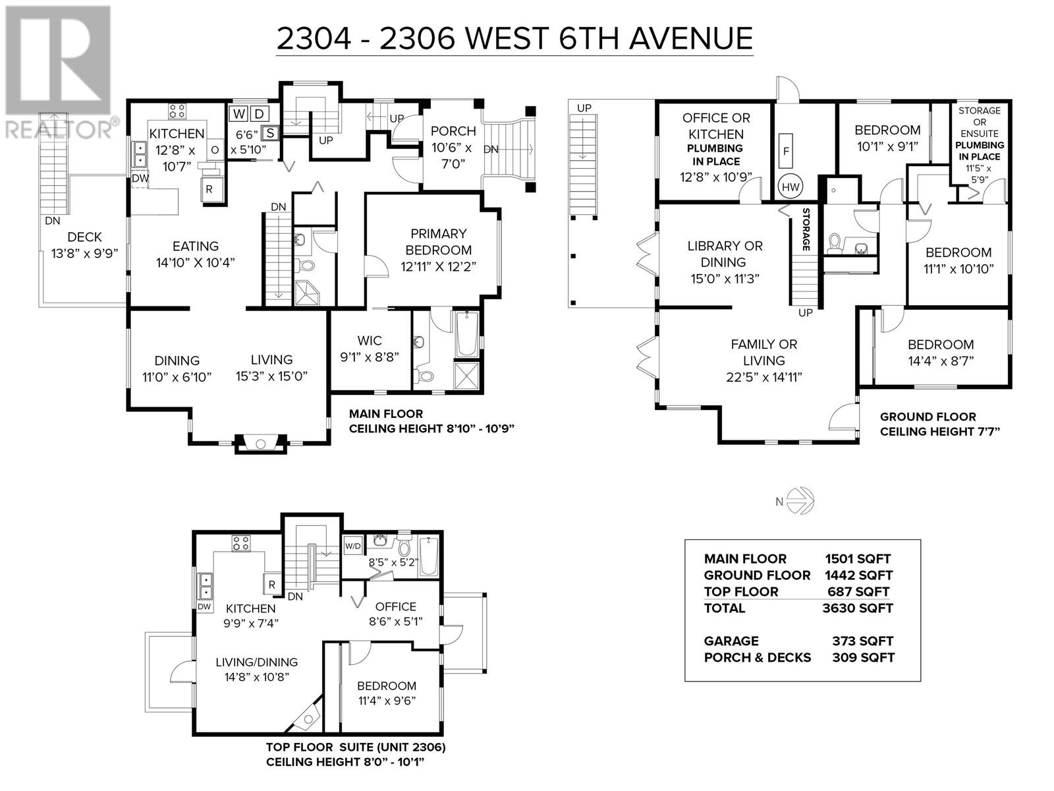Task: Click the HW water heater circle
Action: (x=790, y=187)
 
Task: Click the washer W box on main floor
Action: (x=238, y=114)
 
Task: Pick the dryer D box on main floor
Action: (x=260, y=114)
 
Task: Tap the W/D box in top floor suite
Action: (x=353, y=546)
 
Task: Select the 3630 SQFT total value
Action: (x=858, y=608)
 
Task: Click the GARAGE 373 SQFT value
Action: (x=862, y=641)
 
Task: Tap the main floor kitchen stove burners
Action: (x=177, y=110)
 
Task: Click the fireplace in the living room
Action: (x=261, y=443)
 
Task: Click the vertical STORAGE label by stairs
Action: (x=805, y=229)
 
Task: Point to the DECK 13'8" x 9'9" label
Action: (x=84, y=245)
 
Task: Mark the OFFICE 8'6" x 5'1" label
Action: (x=395, y=613)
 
